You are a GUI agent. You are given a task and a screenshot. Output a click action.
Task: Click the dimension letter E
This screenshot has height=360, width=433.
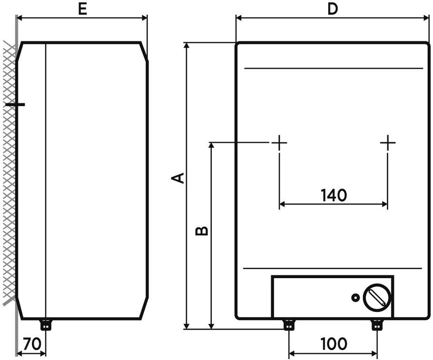[83, 9]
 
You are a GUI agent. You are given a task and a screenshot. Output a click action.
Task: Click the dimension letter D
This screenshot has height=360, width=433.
[333, 9]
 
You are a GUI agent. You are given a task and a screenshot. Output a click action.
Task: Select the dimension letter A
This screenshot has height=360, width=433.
[178, 177]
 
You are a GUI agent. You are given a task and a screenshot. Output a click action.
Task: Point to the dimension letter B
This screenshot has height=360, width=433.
[202, 231]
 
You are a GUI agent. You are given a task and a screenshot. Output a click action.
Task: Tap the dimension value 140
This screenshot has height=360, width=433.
[334, 195]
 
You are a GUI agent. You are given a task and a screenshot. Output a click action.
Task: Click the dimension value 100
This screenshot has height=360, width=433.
[334, 344]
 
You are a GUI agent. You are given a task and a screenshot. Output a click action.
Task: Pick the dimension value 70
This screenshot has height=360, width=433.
[32, 344]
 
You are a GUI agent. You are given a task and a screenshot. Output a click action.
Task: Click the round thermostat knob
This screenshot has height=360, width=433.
[377, 297]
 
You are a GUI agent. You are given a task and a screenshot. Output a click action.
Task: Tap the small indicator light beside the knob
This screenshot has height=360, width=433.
[355, 298]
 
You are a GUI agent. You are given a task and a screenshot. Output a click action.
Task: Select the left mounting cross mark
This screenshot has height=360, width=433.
[279, 142]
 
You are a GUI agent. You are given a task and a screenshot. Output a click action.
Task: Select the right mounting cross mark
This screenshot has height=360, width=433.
[388, 142]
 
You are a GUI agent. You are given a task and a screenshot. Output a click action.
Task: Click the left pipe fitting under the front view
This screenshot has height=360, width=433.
[289, 325]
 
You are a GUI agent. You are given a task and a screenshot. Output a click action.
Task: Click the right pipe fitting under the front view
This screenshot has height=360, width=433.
[377, 325]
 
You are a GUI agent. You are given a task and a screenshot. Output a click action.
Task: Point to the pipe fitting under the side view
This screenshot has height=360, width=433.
[46, 325]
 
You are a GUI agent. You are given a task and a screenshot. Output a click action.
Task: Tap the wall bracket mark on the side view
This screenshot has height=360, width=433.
[16, 104]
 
